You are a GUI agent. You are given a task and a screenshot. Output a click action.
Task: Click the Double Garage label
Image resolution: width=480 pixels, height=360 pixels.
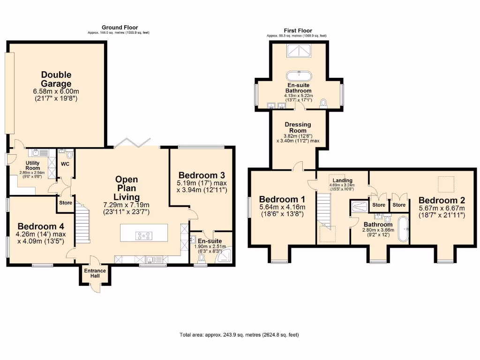coord(56,80)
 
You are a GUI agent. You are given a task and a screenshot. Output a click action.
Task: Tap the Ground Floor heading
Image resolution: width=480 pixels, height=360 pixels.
coord(120,28)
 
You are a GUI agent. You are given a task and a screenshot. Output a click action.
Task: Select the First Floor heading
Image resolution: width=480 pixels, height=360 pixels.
coord(296,30)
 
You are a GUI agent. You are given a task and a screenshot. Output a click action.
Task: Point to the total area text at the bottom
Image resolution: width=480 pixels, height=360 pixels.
coord(239,335)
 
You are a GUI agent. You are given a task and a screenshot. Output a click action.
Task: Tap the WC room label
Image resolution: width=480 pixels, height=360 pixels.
coord(65,164)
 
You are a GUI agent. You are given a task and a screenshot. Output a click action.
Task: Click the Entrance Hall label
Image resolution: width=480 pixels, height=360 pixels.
coord(95,273)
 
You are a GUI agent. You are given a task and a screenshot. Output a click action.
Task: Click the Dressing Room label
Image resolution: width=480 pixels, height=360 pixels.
coord(298,128)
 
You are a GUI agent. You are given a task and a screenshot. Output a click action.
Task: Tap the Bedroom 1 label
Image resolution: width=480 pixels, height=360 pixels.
coord(278,199)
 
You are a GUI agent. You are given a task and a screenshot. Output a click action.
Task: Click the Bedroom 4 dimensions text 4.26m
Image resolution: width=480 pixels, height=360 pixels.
coord(37,234)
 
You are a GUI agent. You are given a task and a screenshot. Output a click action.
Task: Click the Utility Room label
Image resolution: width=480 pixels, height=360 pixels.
coord(33,165)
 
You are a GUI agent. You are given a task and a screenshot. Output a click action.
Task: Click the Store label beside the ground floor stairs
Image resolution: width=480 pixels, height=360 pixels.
coord(65,203)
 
